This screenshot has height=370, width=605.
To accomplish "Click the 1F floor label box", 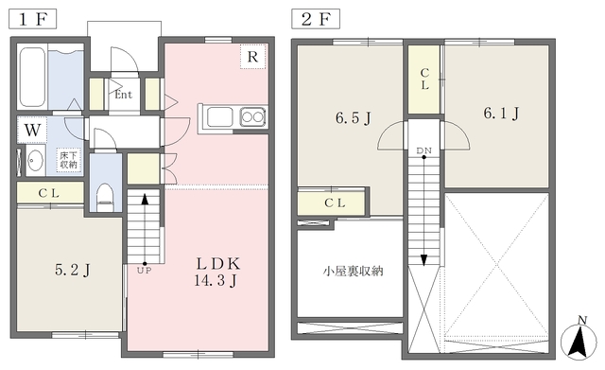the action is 33,19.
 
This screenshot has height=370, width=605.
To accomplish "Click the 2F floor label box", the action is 316,19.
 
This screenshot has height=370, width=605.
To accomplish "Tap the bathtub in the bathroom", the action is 32,77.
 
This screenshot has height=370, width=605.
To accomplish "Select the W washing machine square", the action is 32,130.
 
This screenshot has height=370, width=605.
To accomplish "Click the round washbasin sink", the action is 36,160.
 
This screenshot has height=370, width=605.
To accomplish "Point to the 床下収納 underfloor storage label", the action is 68,160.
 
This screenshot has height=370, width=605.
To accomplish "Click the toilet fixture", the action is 105,196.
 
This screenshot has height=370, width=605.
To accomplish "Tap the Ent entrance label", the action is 124,95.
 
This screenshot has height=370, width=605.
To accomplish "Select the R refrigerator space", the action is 252,57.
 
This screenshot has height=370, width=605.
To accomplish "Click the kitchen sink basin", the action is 220,116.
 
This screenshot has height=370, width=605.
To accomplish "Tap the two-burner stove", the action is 252,116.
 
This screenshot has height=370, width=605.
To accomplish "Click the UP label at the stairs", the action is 145,271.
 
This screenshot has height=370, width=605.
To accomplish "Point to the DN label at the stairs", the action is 423,150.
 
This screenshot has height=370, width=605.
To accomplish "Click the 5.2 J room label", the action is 73,270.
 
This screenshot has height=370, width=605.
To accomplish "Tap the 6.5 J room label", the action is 353,117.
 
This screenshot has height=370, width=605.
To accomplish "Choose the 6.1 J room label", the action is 501,114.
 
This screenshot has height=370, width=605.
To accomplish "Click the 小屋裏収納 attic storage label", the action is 353,272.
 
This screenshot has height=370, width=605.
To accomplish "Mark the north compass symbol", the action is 578,339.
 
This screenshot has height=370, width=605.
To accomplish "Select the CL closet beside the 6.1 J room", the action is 424,79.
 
